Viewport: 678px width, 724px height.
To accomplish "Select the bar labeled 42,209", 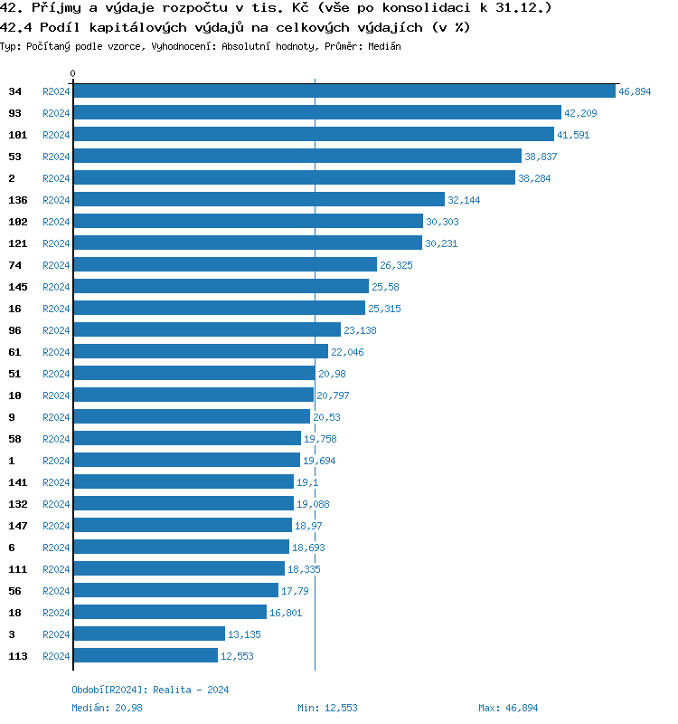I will (316, 113).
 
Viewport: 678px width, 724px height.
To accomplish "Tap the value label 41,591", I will (574, 135).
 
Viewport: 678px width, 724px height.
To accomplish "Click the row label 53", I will (14, 157).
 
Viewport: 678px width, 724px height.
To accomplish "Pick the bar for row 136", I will (259, 200).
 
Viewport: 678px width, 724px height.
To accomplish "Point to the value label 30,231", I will (442, 243).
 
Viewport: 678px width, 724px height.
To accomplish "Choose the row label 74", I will (14, 265).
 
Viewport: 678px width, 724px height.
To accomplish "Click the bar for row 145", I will (221, 287).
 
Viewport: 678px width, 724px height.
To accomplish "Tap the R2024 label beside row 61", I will (56, 352).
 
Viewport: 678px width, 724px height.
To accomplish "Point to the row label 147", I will (17, 526).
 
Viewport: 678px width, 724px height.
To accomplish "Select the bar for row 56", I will (175, 591).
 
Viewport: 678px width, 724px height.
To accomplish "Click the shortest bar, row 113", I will (145, 656).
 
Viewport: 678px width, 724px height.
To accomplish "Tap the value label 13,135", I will (244, 634).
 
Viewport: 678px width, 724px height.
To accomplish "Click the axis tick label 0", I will (73, 74).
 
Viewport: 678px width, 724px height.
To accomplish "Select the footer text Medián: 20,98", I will (107, 708).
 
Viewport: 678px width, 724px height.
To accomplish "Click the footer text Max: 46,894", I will (507, 708).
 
